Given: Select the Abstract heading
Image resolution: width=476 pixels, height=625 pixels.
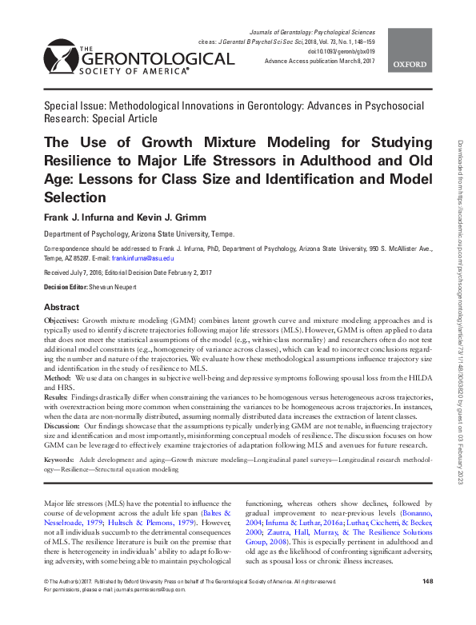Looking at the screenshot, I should pyautogui.click(x=62, y=308).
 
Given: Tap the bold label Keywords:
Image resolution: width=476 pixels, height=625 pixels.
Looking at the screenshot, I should pyautogui.click(x=61, y=461).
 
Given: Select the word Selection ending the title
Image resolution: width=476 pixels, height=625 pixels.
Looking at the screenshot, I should pyautogui.click(x=74, y=196).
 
